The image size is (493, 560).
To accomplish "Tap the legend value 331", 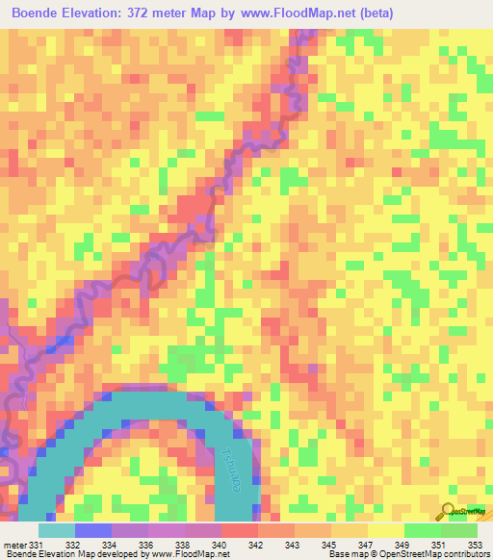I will point(37,545).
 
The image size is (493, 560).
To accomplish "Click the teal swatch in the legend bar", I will point(57,530).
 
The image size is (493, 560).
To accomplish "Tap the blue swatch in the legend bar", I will point(93,530).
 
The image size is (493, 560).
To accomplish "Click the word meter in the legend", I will point(14,545).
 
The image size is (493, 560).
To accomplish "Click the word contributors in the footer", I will point(467,553).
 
